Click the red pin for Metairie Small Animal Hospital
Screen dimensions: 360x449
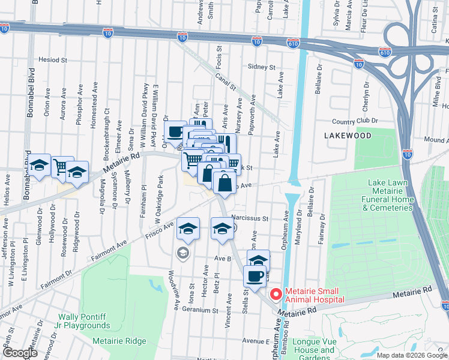[x=276, y=294]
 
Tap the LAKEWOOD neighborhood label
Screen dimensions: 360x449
[x=348, y=136]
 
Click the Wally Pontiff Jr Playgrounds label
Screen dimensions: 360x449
[x=84, y=321]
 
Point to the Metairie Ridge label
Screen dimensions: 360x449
[x=119, y=341]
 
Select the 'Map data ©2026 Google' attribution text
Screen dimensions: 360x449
[x=412, y=355]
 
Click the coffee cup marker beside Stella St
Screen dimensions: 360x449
[x=255, y=277]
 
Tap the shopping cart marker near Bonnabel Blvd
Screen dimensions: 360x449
[x=62, y=167]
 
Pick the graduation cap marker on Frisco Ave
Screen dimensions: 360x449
[x=188, y=228]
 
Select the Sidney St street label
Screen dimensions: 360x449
[x=261, y=67]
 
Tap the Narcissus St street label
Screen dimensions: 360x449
[x=250, y=219]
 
